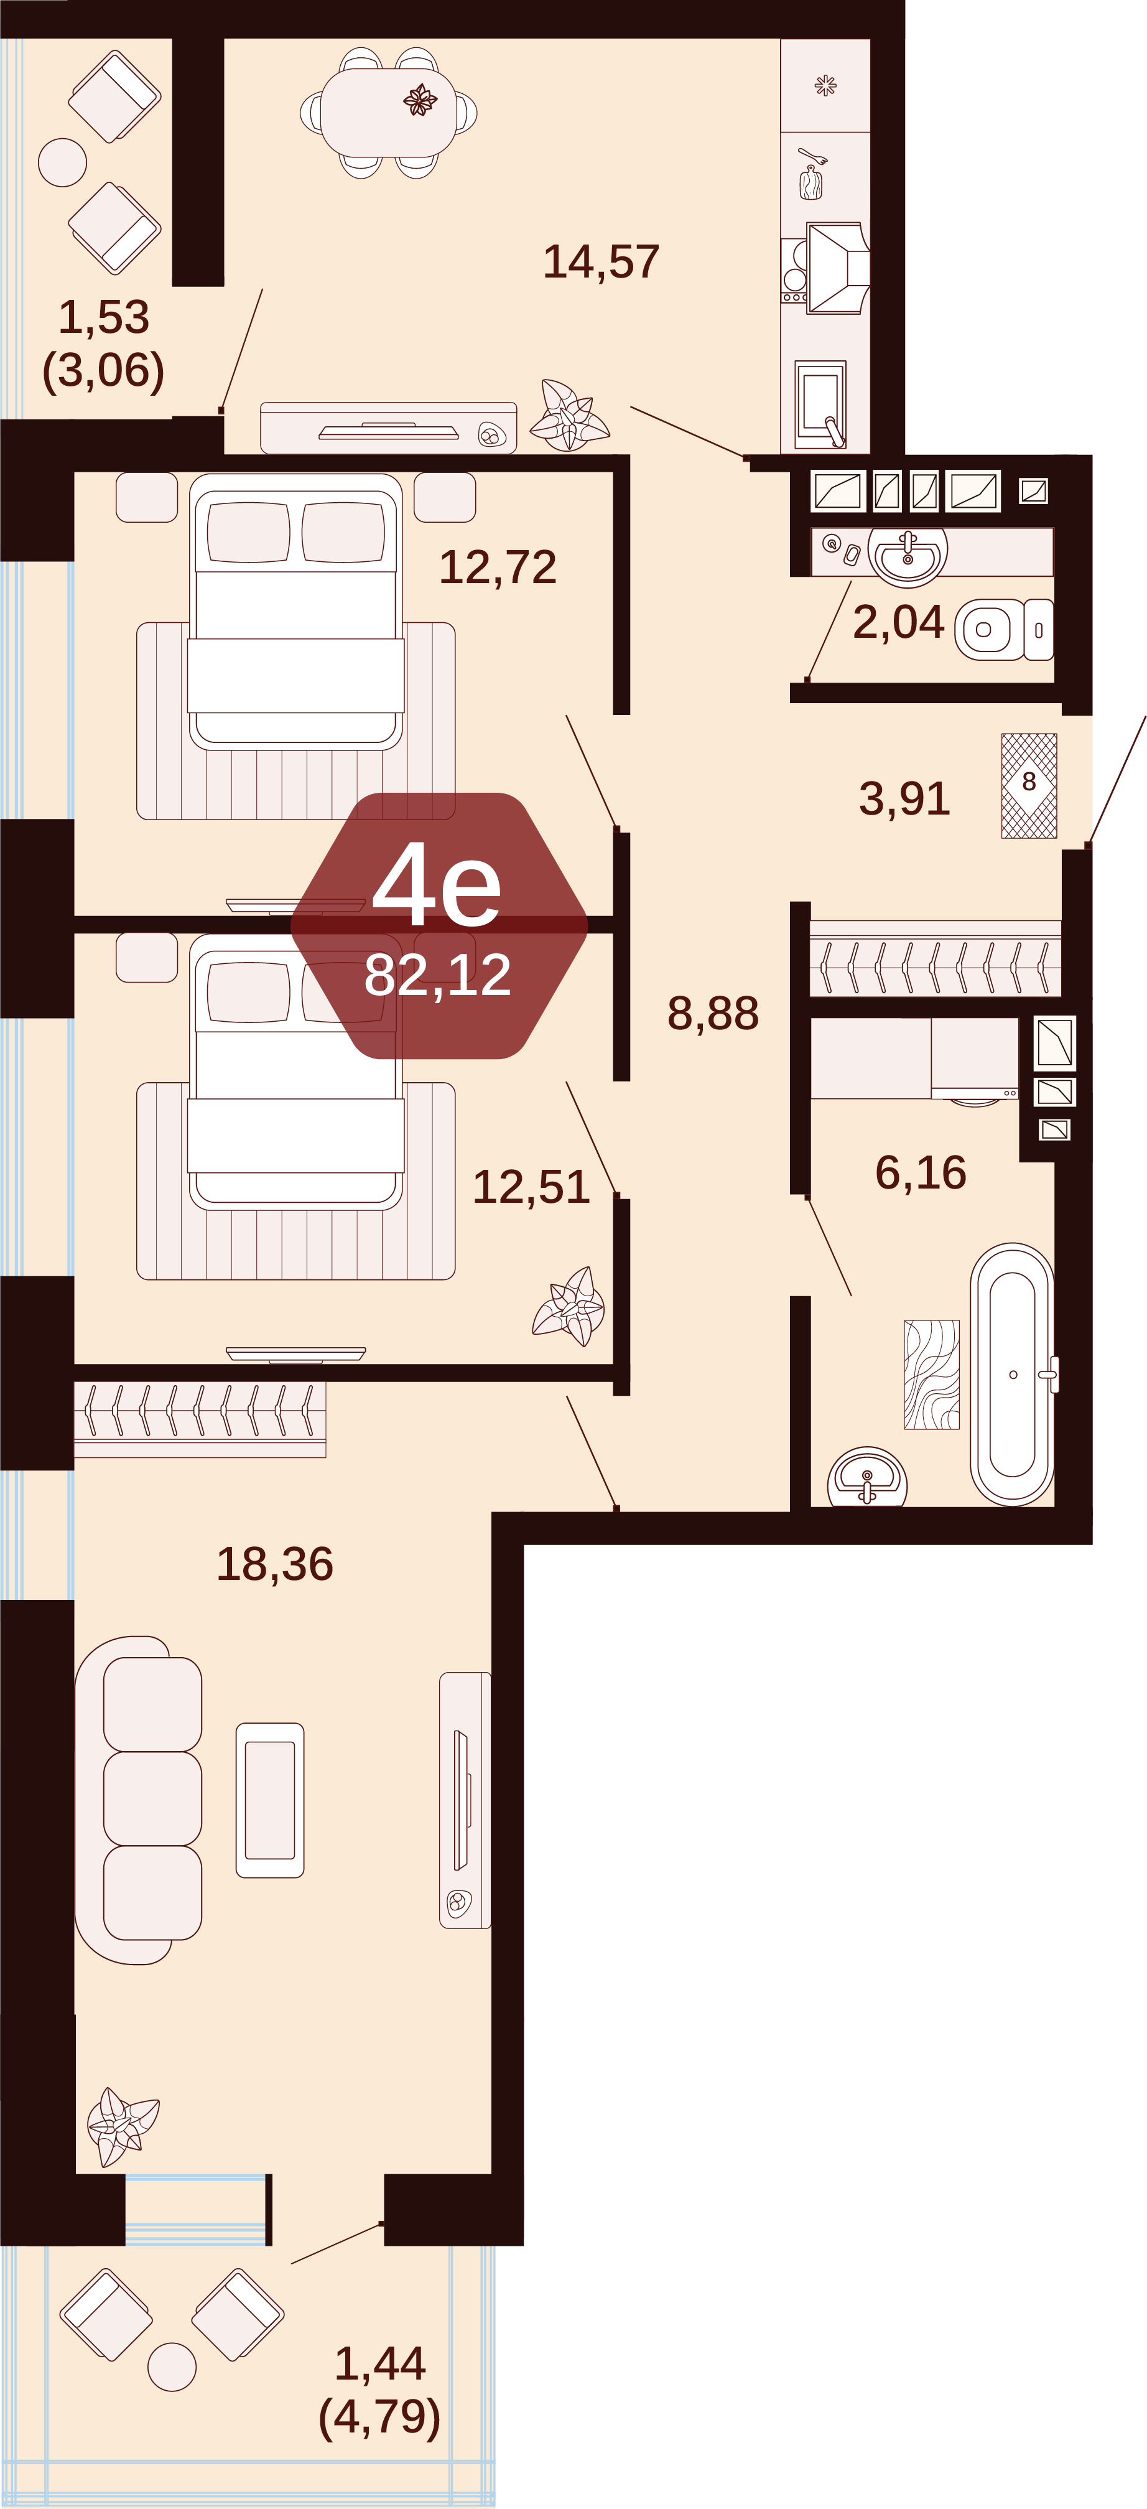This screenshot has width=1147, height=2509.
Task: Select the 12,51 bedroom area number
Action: pyautogui.click(x=531, y=1186)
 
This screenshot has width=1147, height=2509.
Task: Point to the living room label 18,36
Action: pyautogui.click(x=274, y=1563)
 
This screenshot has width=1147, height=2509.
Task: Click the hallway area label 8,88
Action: pyautogui.click(x=713, y=1013)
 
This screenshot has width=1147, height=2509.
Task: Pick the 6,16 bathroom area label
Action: pyautogui.click(x=920, y=1172)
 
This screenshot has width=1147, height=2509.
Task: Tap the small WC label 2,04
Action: pyautogui.click(x=898, y=622)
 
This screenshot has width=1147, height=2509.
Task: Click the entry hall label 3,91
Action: pyautogui.click(x=904, y=798)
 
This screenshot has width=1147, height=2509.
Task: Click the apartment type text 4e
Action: pyautogui.click(x=437, y=884)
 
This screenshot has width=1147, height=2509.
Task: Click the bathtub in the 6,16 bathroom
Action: pyautogui.click(x=1013, y=1373)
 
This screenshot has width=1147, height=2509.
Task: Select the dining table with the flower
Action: pyautogui.click(x=389, y=112)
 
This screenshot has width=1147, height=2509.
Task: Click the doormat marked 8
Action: pyautogui.click(x=1029, y=785)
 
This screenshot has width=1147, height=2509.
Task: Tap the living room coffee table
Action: pyautogui.click(x=270, y=1800)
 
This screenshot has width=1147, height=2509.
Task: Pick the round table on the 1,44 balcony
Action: pyautogui.click(x=172, y=2366)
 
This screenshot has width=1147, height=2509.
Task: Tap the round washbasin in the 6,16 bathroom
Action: pyautogui.click(x=866, y=1477)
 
